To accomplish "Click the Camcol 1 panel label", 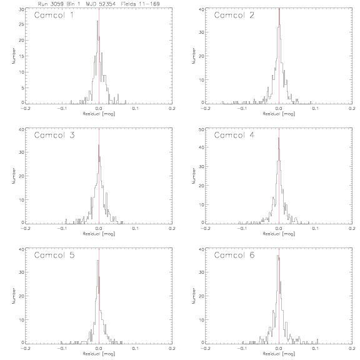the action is pyautogui.click(x=54, y=15).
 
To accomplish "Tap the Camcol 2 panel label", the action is pyautogui.click(x=234, y=15).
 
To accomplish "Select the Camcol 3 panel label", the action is pyautogui.click(x=54, y=135).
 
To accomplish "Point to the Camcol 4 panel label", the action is pyautogui.click(x=234, y=135).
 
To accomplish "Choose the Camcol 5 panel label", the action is pyautogui.click(x=54, y=255).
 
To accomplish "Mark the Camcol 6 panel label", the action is pyautogui.click(x=234, y=255).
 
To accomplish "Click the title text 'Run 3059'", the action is pyautogui.click(x=51, y=4).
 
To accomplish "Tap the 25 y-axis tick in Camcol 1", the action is pyautogui.click(x=21, y=24).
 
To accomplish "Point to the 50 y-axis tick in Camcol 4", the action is pyautogui.click(x=201, y=130).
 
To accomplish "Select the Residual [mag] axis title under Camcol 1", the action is pyautogui.click(x=99, y=114).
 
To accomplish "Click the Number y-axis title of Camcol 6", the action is pyautogui.click(x=194, y=296).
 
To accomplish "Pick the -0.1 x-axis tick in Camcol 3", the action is pyautogui.click(x=62, y=229).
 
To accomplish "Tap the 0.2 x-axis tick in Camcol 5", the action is pyautogui.click(x=172, y=349).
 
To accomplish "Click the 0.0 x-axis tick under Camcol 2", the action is pyautogui.click(x=279, y=108).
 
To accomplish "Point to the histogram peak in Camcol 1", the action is pyautogui.click(x=97, y=21).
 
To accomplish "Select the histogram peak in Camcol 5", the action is pyautogui.click(x=97, y=261).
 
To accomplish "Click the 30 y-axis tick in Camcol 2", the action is pyautogui.click(x=201, y=32).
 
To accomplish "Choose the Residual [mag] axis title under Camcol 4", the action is pyautogui.click(x=279, y=234).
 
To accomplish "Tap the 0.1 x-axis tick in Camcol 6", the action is pyautogui.click(x=315, y=349).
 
